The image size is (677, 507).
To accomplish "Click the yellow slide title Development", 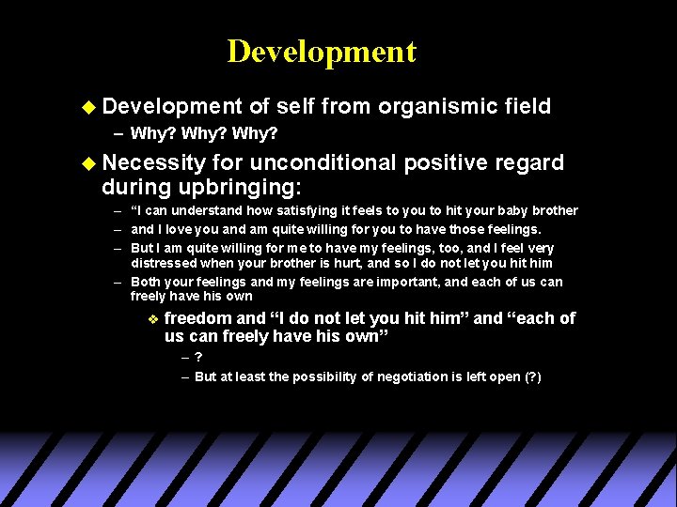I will point(321,52).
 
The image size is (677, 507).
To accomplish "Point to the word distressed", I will point(163,264).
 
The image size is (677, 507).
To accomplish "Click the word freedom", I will point(198,318).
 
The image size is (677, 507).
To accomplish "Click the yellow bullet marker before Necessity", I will point(88,163).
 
